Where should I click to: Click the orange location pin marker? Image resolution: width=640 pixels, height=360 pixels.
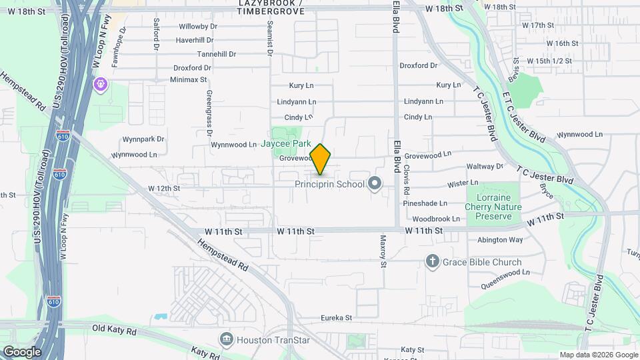coord(321,159)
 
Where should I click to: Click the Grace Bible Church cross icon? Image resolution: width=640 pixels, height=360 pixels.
coord(433,261)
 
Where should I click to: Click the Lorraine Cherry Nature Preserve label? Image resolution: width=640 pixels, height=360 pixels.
coord(494,207)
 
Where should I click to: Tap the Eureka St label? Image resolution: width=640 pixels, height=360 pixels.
coord(335,318)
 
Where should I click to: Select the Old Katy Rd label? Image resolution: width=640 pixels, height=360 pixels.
coord(114,329)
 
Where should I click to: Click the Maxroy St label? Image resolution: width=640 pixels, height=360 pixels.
coord(383,251)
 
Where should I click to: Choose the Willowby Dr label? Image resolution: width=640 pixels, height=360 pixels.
coord(198,27)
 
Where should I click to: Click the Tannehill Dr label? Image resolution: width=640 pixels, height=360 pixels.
coord(218,54)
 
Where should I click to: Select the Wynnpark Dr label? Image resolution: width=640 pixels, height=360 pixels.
coord(143,140)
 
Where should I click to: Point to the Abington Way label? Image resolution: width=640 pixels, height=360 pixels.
coord(500,240)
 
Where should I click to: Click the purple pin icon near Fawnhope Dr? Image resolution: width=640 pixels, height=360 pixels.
coord(100,85)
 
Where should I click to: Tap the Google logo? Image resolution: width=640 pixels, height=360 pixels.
coord(22,352)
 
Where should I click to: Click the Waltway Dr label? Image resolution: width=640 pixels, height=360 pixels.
coord(485,166)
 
